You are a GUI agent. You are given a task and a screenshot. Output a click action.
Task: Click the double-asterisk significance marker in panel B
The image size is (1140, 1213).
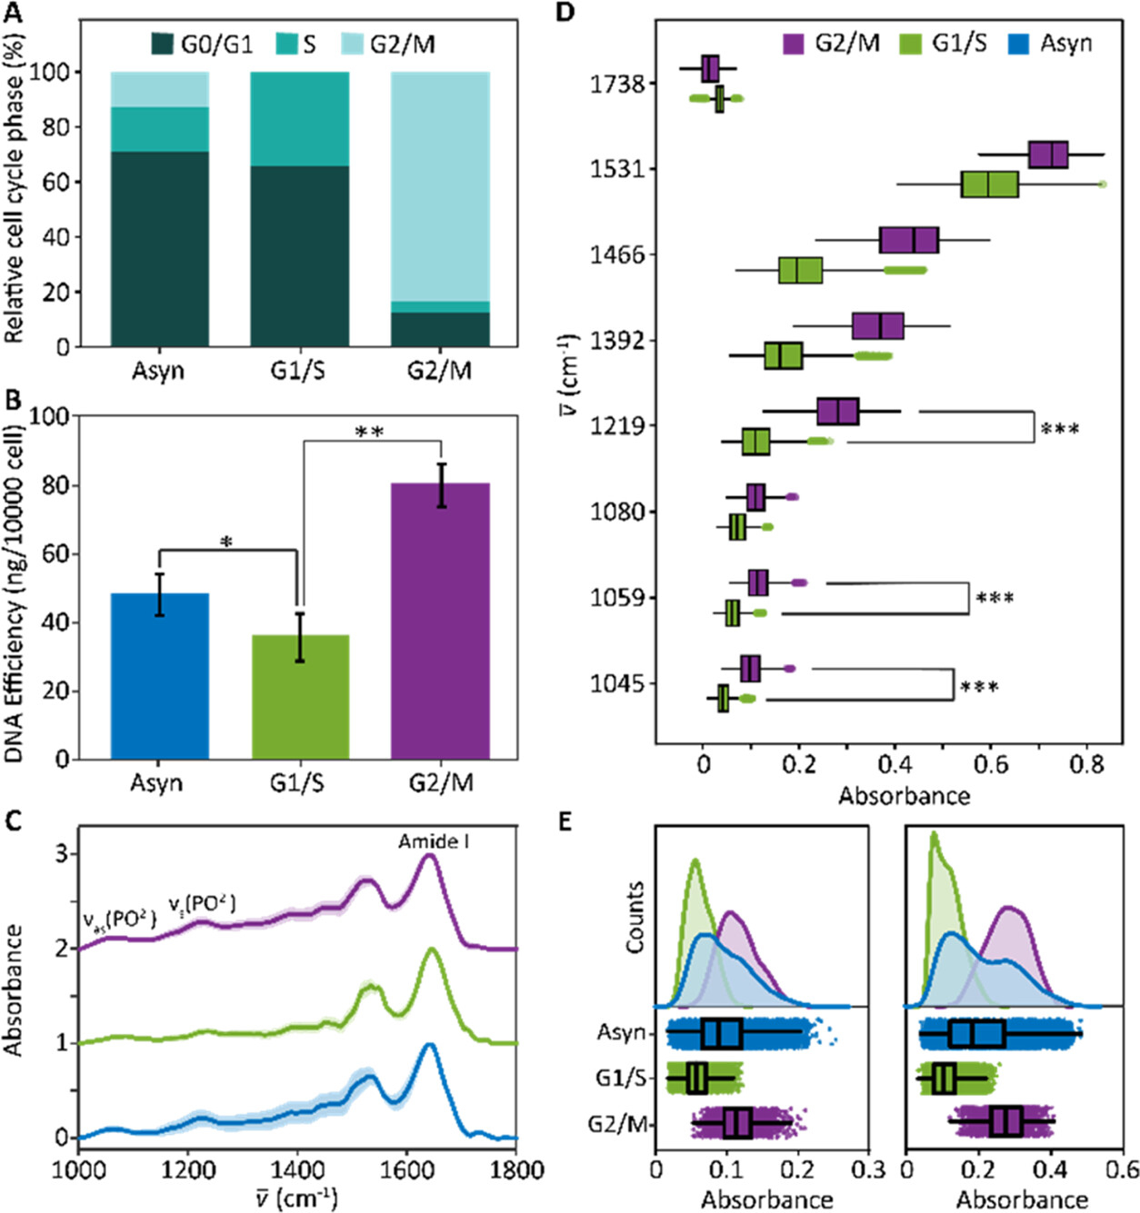pyautogui.click(x=369, y=433)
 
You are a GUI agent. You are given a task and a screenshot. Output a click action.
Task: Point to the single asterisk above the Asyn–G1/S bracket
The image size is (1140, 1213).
pyautogui.click(x=226, y=543)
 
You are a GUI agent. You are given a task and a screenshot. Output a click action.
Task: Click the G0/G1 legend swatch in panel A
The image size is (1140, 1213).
pyautogui.click(x=163, y=44)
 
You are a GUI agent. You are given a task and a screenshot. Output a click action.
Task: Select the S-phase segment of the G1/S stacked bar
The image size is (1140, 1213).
pyautogui.click(x=300, y=119)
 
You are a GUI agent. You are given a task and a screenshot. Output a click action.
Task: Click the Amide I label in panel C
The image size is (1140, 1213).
pyautogui.click(x=434, y=841)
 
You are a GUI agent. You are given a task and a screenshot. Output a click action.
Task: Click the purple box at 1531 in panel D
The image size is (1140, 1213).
pyautogui.click(x=1048, y=154)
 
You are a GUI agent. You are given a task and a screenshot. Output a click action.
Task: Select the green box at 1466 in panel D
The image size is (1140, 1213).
pyautogui.click(x=800, y=270)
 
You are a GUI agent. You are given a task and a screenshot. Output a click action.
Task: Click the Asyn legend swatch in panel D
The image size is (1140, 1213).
pyautogui.click(x=1018, y=44)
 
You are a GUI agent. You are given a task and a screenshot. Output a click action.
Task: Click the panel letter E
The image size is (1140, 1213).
pyautogui.click(x=565, y=822)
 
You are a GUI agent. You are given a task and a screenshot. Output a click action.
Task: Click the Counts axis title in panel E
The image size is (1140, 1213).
pyautogui.click(x=635, y=917)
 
